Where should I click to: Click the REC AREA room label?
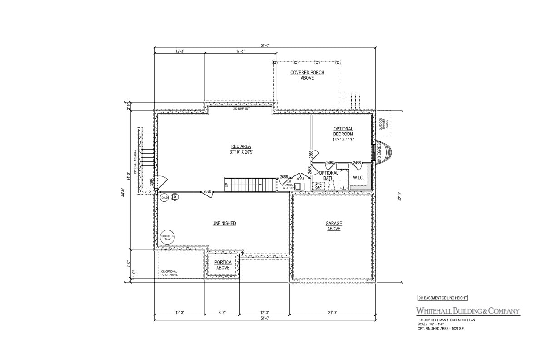[240, 149]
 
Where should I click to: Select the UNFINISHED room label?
[224, 223]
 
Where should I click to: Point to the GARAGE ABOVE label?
[333, 226]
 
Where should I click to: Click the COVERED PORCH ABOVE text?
[307, 75]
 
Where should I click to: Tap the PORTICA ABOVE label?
[223, 265]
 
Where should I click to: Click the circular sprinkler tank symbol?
[168, 237]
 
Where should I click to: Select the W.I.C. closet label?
[358, 177]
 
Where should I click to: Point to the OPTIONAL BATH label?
[328, 175]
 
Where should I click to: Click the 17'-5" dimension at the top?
[240, 51]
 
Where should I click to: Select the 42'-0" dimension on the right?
[400, 198]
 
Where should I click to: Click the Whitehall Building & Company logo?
[468, 311]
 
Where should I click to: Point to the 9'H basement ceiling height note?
[442, 298]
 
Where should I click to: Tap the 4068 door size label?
[300, 179]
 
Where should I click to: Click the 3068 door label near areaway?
[152, 183]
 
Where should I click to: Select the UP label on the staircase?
[226, 185]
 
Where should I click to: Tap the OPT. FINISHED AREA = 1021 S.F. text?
[441, 328]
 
